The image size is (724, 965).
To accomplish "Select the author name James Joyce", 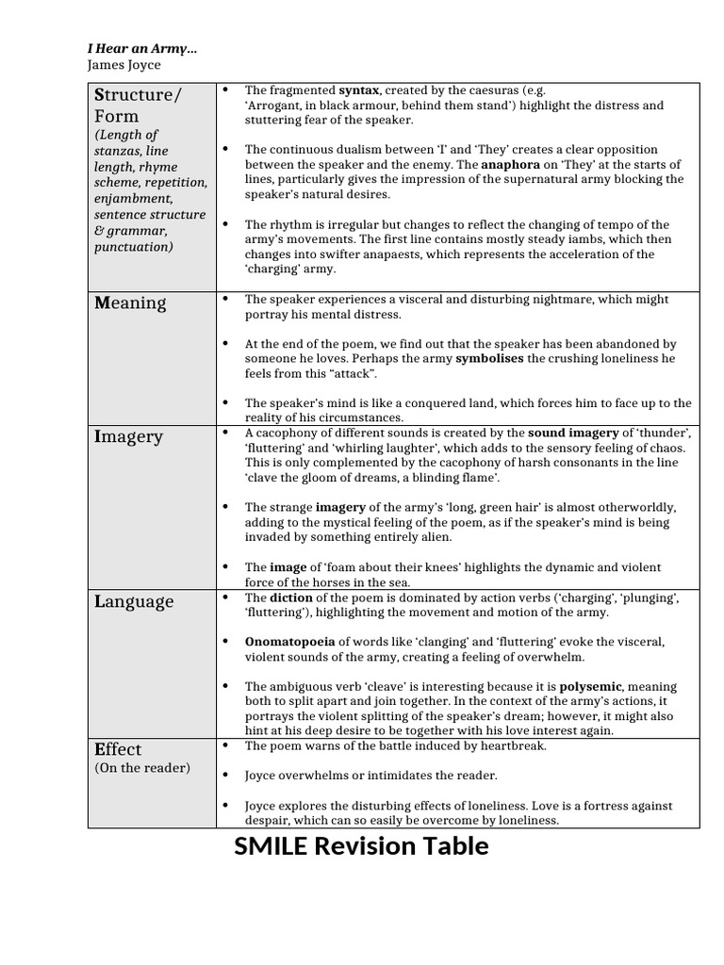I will [123, 65].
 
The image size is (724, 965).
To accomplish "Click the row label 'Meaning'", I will [130, 303].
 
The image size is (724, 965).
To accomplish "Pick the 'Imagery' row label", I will [128, 436].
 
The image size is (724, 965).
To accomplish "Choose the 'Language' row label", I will [134, 601].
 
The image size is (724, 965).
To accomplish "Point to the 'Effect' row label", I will [118, 749].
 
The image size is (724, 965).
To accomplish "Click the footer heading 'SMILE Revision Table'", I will [361, 846].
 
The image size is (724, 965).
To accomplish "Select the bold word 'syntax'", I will [359, 90].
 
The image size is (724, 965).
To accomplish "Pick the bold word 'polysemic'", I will [591, 686].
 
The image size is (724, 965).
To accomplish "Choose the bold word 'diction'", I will [291, 597].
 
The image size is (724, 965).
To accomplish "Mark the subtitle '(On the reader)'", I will [141, 768].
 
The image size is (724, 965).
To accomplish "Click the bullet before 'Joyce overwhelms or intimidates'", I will [225, 775].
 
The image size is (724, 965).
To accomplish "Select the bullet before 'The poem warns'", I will [225, 745].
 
